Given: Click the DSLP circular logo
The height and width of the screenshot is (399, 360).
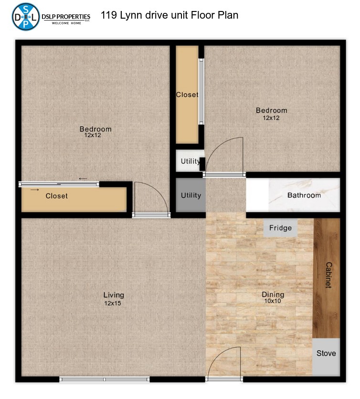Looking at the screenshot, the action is (26, 17).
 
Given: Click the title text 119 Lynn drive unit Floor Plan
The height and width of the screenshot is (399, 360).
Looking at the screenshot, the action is (169, 15).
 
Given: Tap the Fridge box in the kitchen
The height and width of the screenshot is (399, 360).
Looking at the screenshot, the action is (280, 228).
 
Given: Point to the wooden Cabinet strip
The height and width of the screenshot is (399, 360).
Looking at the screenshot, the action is (327, 278).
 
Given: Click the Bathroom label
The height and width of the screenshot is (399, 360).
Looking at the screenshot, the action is (304, 195).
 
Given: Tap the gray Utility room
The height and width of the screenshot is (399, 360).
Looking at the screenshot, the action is (191, 195).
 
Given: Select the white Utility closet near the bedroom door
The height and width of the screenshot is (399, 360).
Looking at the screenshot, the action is (190, 161).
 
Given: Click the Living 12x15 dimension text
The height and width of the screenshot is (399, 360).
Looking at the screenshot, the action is (113, 303).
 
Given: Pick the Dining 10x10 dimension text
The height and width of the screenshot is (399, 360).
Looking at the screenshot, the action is (273, 301).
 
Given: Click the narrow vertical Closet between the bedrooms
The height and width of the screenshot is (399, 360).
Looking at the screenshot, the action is (187, 95).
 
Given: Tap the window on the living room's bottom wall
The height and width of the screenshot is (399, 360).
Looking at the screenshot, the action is (105, 379).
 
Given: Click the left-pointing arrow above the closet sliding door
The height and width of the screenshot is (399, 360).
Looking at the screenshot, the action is (83, 179).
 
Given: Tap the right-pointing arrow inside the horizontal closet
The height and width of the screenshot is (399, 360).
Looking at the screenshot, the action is (35, 190).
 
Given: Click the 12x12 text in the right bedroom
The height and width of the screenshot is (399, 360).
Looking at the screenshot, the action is (271, 118).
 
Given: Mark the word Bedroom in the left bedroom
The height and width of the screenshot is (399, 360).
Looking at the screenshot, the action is (95, 129).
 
